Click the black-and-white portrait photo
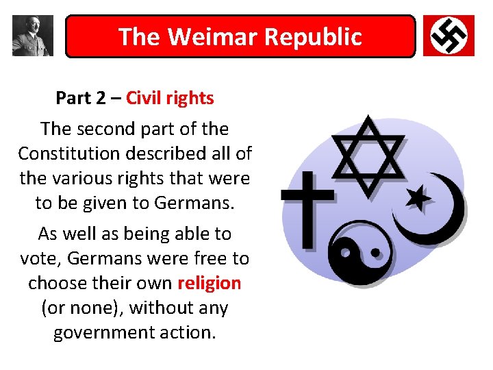(32, 36)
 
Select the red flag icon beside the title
(448, 36)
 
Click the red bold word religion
(209, 283)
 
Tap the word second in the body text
(103, 128)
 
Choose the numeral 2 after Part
(101, 99)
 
